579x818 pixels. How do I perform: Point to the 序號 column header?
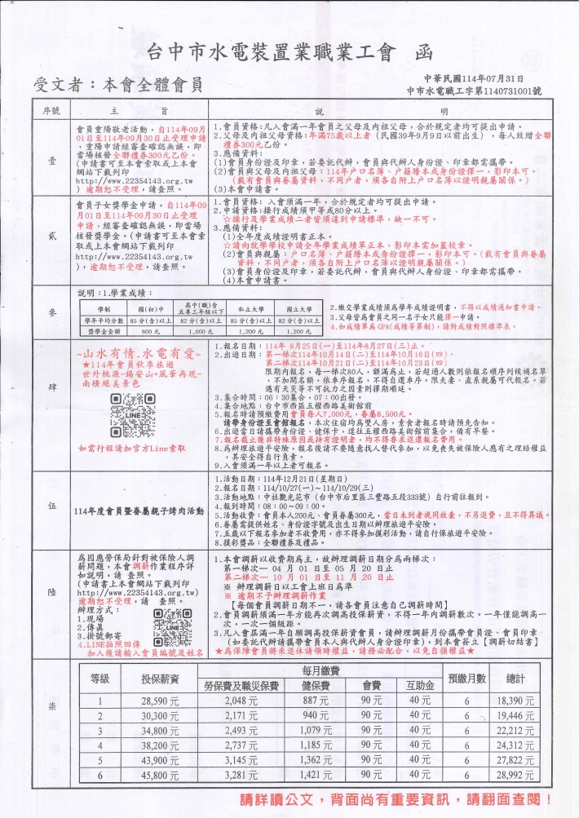(x=51, y=110)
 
